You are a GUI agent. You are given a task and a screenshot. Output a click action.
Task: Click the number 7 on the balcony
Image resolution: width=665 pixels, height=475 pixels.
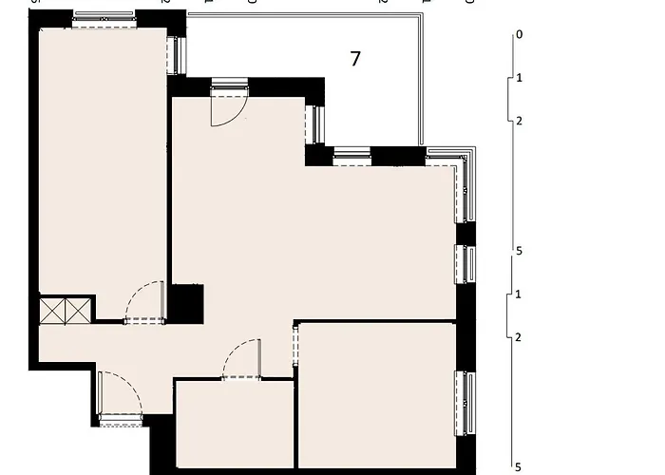[355, 59]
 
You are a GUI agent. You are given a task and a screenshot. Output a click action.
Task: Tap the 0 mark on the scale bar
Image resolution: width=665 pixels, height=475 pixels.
[519, 35]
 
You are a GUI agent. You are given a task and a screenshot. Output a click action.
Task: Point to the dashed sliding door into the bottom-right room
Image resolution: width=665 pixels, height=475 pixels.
[295, 351]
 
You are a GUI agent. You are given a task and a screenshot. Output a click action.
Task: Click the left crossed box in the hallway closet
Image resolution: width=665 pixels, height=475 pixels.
[53, 310]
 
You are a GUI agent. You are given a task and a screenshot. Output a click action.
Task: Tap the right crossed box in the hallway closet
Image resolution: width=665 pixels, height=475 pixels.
[79, 310]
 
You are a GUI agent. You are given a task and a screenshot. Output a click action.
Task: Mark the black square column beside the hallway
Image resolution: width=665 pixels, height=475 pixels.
[186, 303]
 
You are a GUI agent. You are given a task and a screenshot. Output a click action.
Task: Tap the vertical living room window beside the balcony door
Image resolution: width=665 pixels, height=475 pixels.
[315, 124]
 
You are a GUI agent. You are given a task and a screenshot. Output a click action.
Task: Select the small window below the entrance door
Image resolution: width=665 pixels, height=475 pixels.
[120, 420]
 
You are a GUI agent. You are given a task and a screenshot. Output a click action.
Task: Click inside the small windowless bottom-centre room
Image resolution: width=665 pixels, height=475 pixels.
[235, 423]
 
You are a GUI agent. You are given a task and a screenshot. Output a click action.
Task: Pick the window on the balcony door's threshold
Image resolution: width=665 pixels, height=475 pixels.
[229, 87]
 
